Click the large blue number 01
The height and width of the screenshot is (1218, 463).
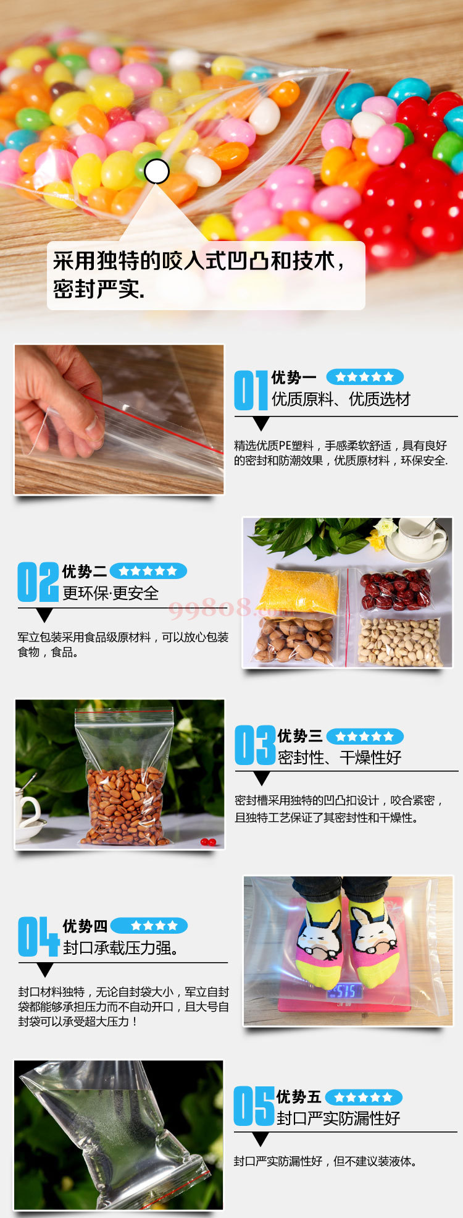pos(251,390)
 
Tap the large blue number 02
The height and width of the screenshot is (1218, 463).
pos(38,582)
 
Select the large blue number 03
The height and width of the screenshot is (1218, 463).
pos(255,745)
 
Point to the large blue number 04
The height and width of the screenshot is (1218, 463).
pos(38,936)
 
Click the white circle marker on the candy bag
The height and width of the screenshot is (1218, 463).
pos(157,171)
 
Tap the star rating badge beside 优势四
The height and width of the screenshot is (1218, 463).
pos(149,925)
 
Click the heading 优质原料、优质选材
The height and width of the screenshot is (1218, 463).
pos(341,399)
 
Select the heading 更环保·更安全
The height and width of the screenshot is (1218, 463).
pos(111,593)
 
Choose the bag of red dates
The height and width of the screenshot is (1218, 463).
pos(395,590)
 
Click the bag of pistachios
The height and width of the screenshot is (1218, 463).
pos(399,641)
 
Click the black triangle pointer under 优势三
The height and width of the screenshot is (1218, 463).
pos(262,778)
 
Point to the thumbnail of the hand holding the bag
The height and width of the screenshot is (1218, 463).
pos(119,420)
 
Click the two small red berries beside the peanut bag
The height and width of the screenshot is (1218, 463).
pos(208,842)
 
